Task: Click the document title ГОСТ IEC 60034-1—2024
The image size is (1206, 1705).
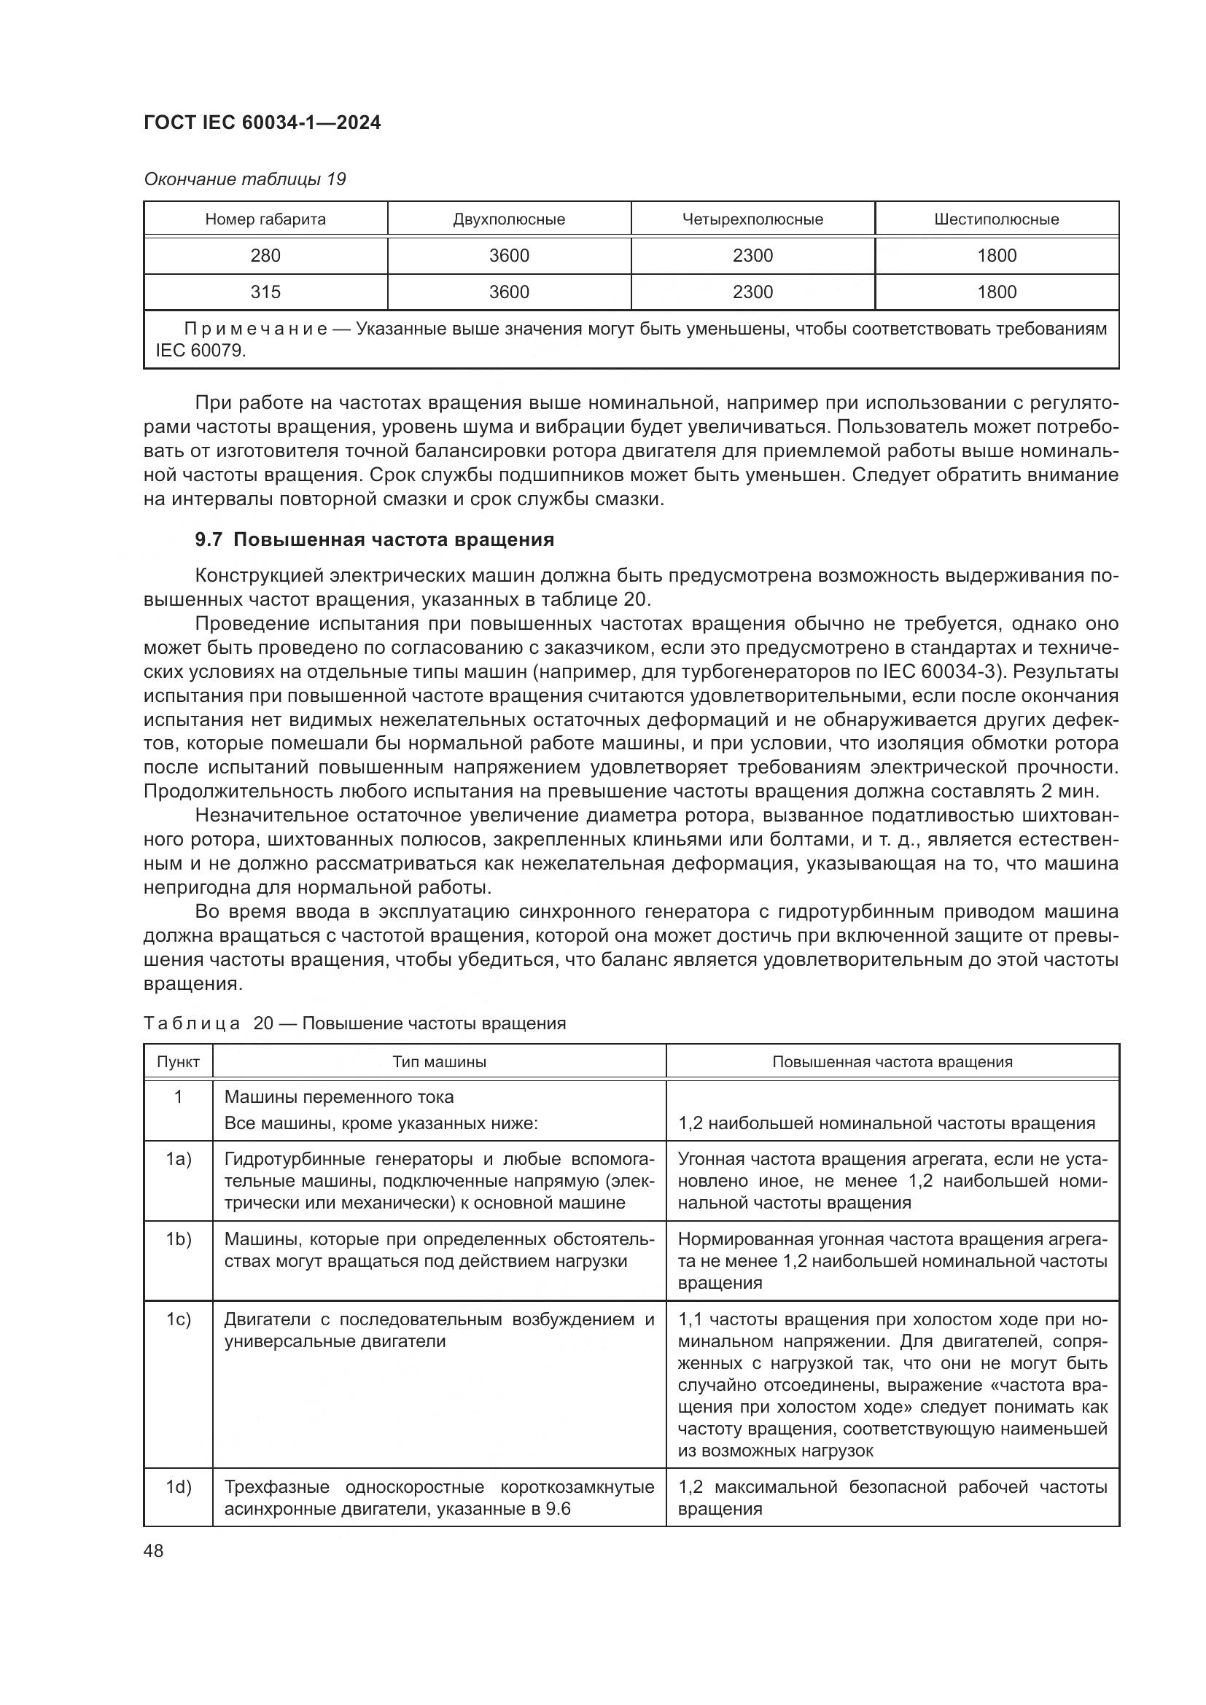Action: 262,123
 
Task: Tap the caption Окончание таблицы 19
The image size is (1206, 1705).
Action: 244,180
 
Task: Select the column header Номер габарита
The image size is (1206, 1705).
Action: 265,220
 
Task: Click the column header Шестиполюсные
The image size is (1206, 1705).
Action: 997,220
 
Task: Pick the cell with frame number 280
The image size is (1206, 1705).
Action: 265,256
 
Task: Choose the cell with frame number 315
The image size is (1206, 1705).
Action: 265,292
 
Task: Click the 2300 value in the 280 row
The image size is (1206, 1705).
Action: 752,256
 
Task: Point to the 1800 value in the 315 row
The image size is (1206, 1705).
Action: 997,292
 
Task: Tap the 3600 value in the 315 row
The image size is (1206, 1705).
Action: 509,292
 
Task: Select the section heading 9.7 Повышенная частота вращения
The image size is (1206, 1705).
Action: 374,540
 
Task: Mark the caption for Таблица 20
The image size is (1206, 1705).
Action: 354,1023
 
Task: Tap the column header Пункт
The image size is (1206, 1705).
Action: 178,1062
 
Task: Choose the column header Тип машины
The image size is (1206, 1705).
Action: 439,1062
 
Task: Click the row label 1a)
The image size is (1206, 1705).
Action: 178,1160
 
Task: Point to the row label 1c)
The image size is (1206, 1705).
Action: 178,1319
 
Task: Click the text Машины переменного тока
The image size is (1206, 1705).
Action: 338,1098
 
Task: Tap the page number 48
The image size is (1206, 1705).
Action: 154,1551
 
